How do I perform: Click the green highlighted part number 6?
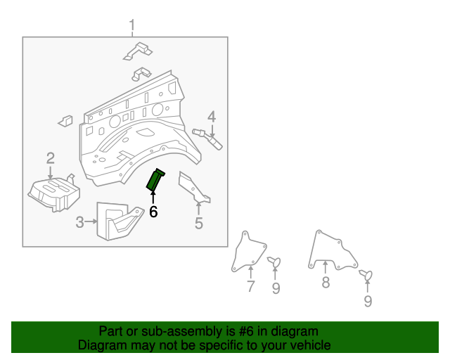click(155, 180)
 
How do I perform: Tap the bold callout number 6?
click(153, 212)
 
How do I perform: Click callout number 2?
click(51, 158)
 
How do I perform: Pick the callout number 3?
click(79, 222)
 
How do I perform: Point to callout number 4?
click(212, 117)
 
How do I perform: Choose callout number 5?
click(199, 223)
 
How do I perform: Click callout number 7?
click(251, 286)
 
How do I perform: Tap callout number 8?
click(326, 282)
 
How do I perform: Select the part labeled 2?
click(55, 193)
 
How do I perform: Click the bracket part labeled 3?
click(119, 221)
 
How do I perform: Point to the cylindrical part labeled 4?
click(207, 139)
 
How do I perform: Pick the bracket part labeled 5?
click(194, 187)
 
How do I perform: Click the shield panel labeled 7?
click(248, 252)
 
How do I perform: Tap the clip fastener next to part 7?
click(275, 262)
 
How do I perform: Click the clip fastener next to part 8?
click(366, 275)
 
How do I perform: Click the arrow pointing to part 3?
click(91, 221)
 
